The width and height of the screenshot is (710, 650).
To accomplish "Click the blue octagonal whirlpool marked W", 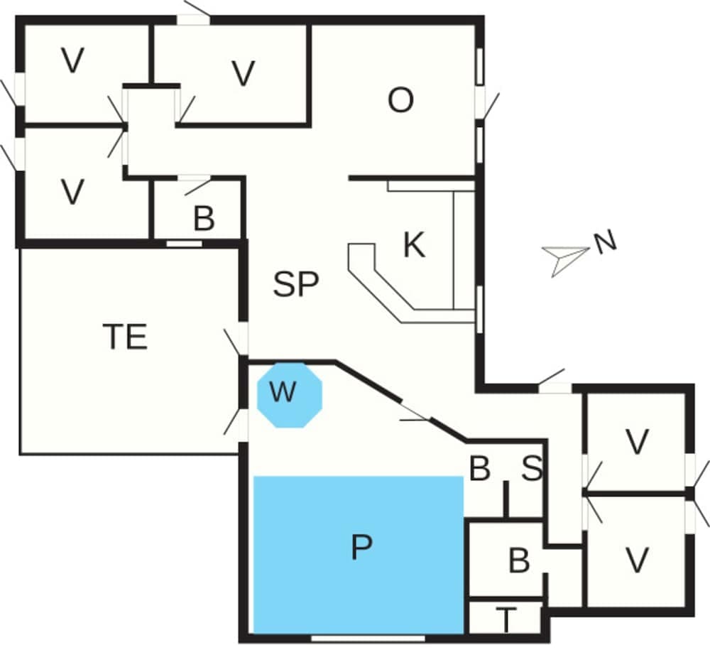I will coord(289,394).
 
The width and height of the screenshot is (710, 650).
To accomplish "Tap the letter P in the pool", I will coord(361,548).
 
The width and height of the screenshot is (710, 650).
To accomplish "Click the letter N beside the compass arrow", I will coord(605,243).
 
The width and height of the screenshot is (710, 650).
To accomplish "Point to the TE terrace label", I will coord(125,337).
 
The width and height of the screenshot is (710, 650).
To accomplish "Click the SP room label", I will coord(296,285).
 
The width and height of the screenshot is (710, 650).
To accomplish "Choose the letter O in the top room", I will coord(400,102).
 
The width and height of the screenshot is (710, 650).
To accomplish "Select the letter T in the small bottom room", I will coord(506,620).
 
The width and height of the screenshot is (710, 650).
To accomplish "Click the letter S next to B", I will coord(532,469).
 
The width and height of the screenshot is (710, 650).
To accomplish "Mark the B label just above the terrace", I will coord(204,220).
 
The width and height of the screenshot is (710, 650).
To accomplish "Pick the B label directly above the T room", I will coord(519,561).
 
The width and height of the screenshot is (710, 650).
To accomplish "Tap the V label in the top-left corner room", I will coord(72,62).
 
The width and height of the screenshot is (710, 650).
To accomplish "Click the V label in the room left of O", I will coord(243,74).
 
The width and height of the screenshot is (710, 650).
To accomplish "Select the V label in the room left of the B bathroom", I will coord(72,192).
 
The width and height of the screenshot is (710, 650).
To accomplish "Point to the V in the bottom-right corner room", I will coord(638,560).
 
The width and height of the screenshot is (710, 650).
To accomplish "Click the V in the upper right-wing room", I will coord(638,443).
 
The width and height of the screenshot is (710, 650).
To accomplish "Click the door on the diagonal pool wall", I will coord(416,414).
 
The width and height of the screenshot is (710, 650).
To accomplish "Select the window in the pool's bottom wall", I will coord(368,637).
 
